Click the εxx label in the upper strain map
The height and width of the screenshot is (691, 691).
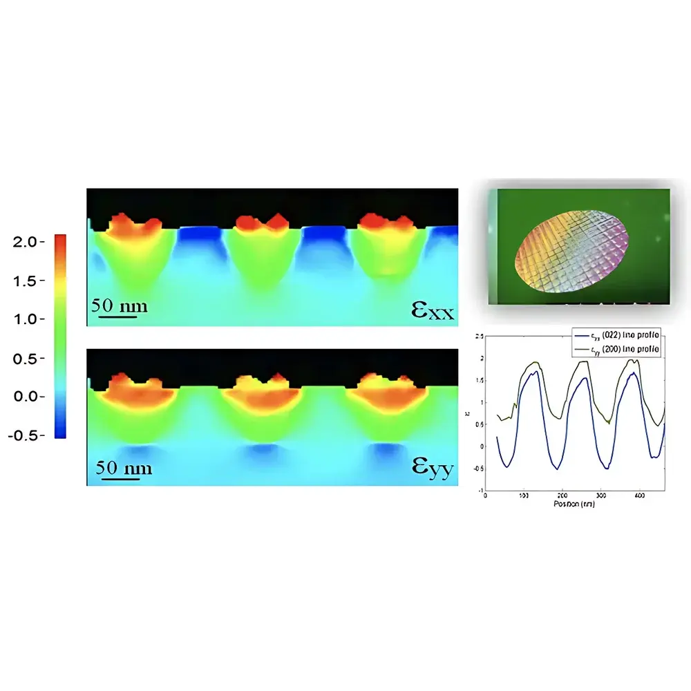tap(433, 311)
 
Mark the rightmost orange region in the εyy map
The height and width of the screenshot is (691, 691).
tap(384, 397)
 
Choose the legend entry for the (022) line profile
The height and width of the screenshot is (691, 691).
tap(617, 337)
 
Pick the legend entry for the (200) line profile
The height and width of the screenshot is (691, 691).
tap(617, 350)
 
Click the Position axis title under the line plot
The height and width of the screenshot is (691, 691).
tap(574, 505)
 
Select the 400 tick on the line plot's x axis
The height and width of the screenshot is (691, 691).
tap(638, 496)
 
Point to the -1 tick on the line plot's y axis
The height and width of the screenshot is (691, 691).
tap(482, 489)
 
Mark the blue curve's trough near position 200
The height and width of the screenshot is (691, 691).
tap(557, 469)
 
